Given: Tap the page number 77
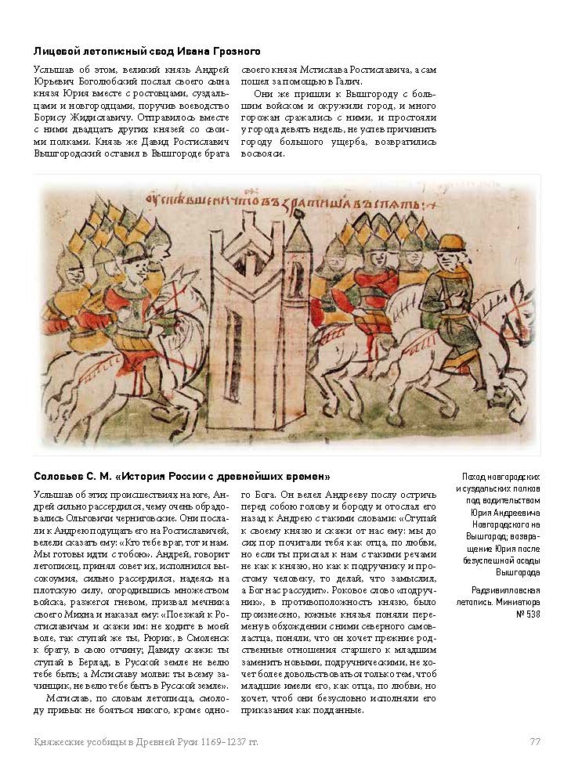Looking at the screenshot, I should pyautogui.click(x=536, y=741).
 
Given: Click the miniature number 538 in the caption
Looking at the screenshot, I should pyautogui.click(x=529, y=614).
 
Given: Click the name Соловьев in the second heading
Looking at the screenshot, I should pyautogui.click(x=60, y=477).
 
